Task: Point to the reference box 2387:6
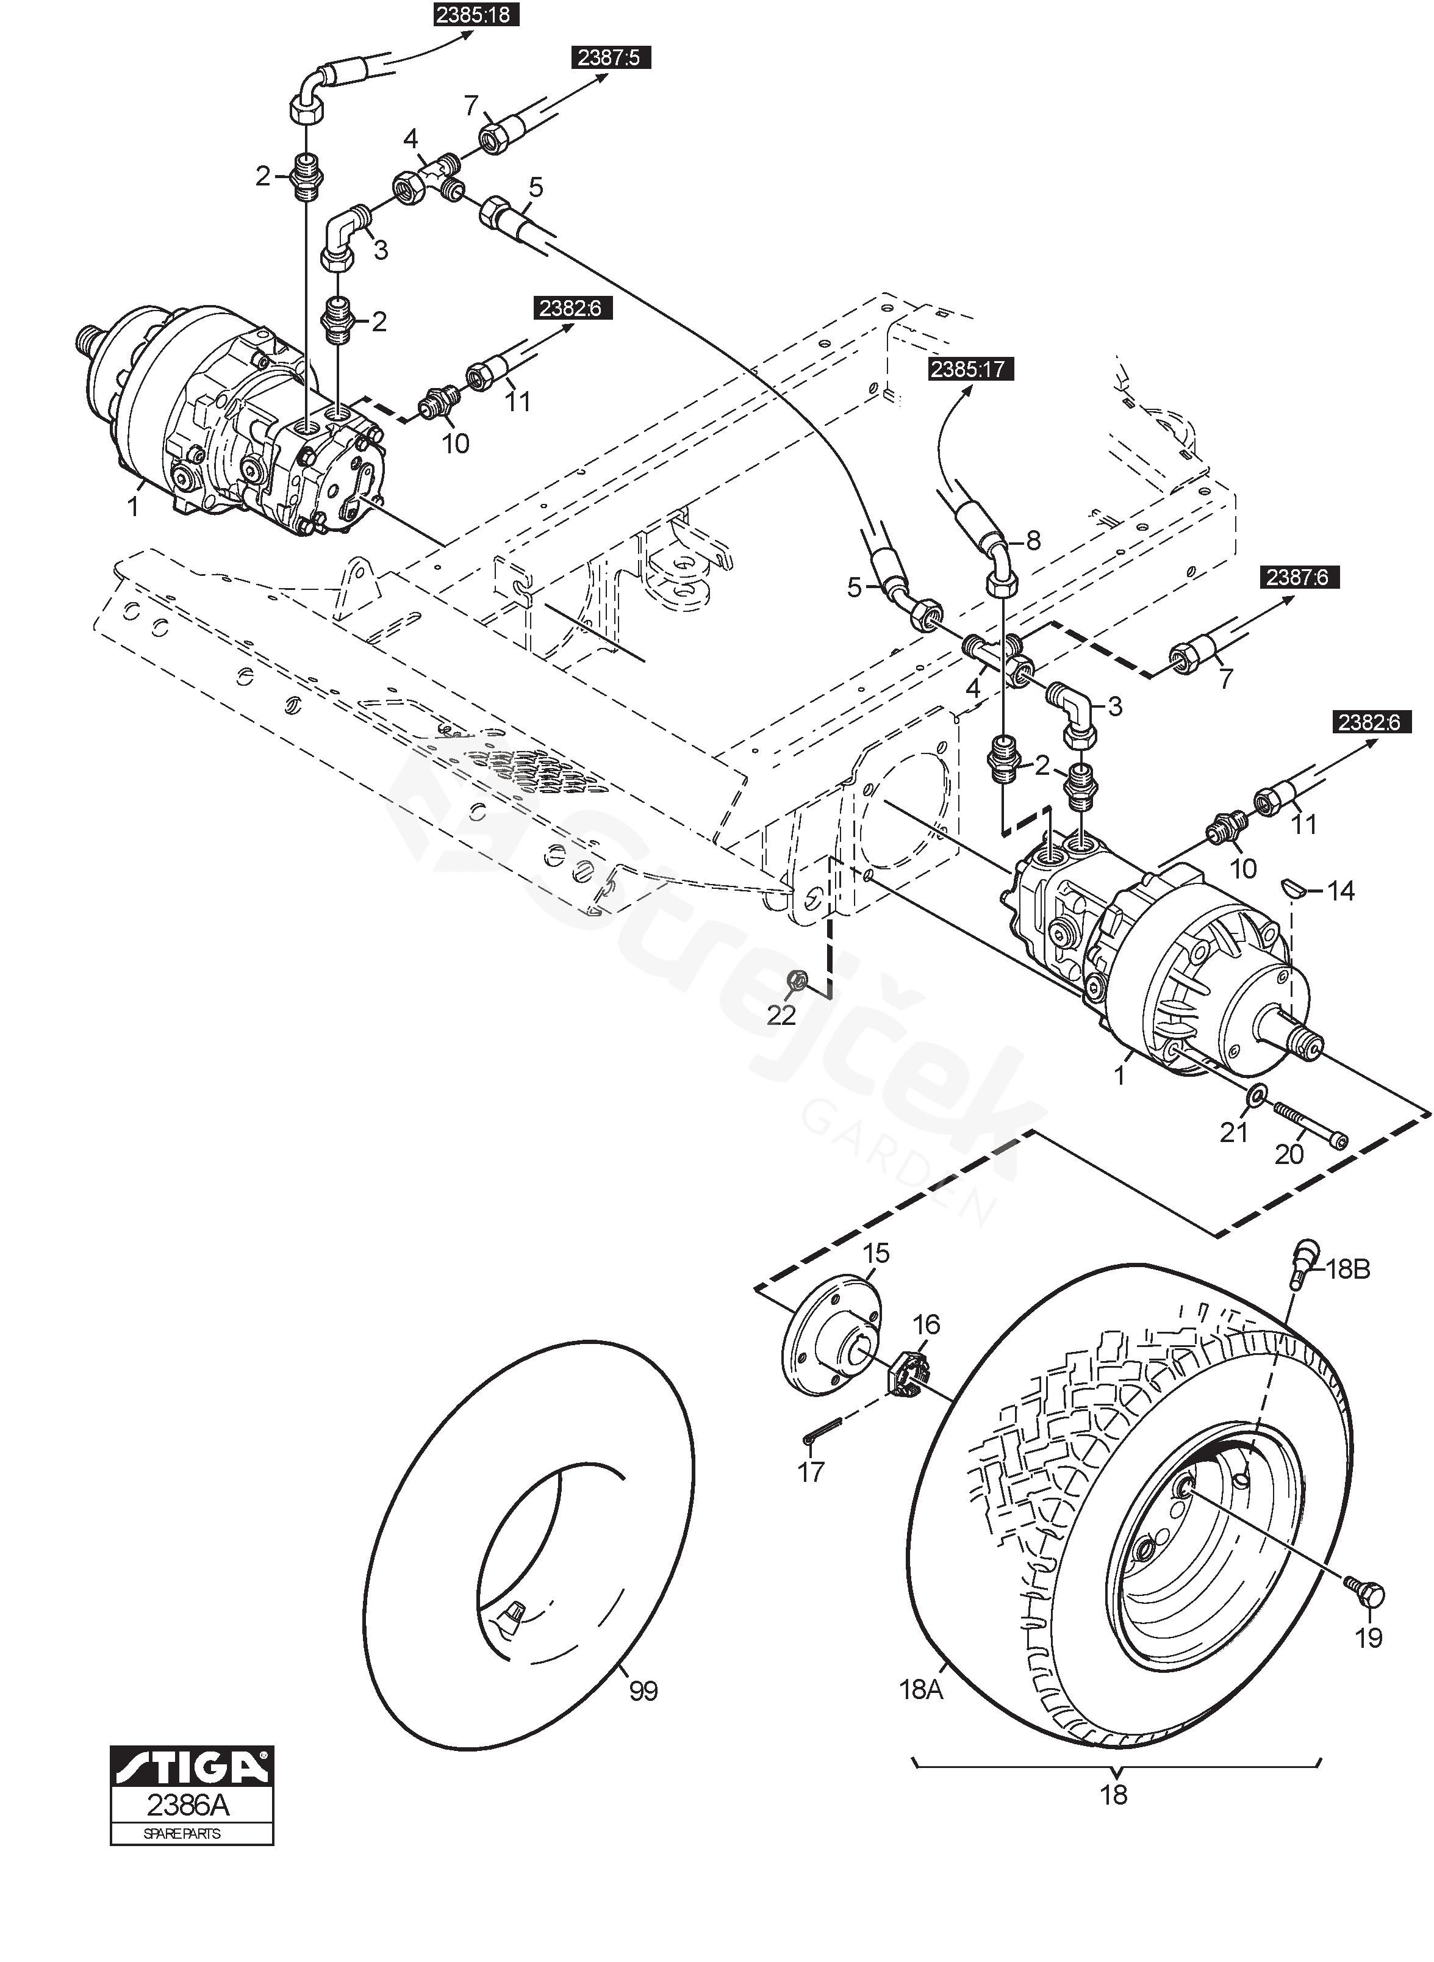coord(1299,577)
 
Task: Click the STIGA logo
coord(192,1765)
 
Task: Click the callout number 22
coord(781,1015)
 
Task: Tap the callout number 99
coord(644,1691)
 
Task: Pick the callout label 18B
coord(1348,1269)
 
